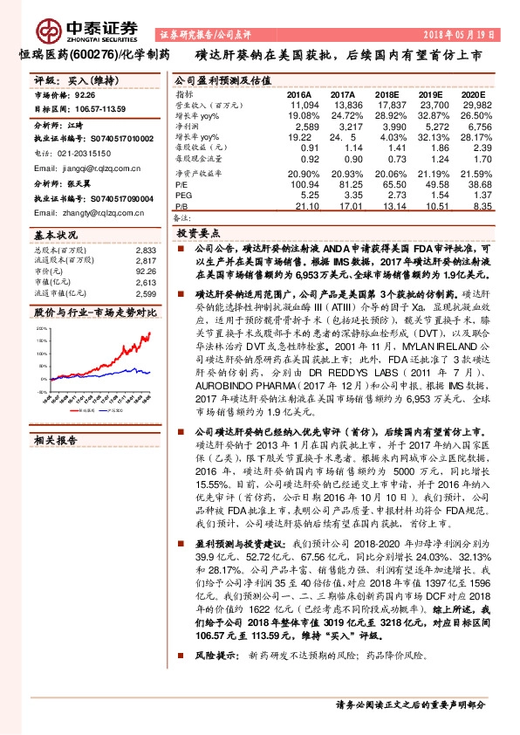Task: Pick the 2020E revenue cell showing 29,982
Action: [470, 104]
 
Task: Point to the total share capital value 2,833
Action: [147, 250]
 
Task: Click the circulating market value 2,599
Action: [147, 294]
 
